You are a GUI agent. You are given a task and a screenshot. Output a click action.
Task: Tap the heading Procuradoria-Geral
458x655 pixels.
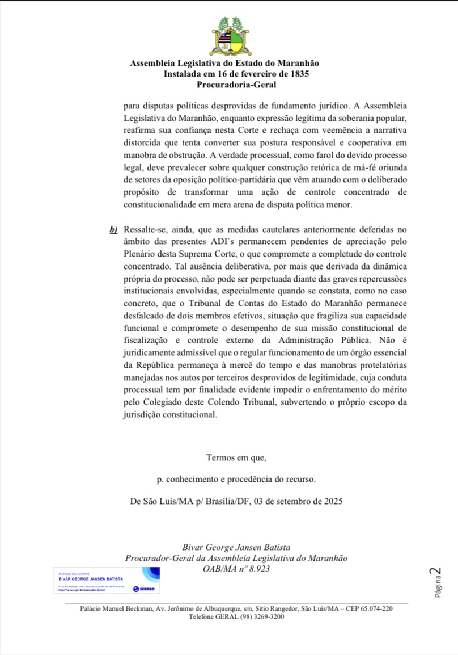point(236,85)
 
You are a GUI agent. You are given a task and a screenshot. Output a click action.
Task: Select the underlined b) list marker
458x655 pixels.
point(113,230)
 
